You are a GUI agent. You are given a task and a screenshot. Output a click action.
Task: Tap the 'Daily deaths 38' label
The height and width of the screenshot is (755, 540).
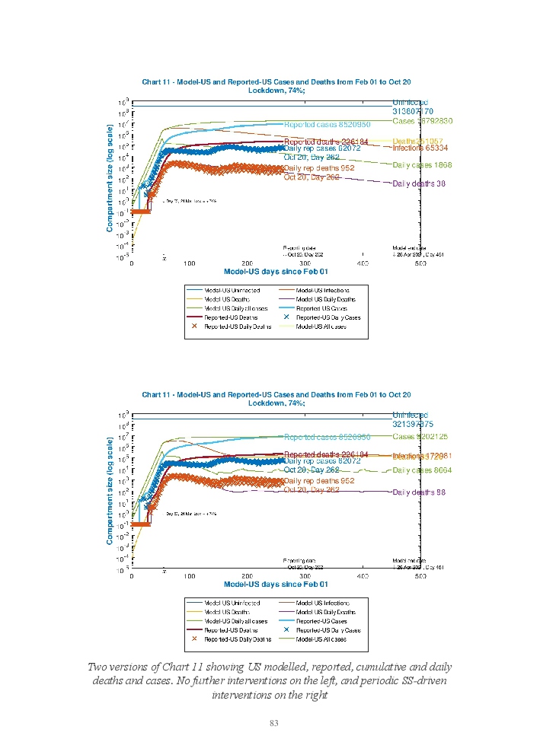(419, 183)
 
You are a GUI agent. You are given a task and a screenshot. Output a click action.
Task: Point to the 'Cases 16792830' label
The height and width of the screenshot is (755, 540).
(423, 121)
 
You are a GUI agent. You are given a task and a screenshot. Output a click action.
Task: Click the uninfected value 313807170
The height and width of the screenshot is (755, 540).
(413, 111)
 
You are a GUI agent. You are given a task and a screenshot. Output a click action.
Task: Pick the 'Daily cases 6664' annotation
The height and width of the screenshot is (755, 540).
(423, 470)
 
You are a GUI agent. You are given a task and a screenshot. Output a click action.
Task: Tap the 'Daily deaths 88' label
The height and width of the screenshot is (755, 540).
(419, 492)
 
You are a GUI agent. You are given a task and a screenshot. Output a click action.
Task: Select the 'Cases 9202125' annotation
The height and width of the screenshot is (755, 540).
(420, 437)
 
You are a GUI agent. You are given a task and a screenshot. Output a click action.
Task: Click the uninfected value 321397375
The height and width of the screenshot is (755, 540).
(413, 424)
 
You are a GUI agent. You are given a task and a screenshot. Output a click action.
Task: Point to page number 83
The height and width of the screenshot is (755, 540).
(274, 722)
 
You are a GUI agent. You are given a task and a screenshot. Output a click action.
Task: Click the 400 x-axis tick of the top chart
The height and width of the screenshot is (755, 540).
(363, 263)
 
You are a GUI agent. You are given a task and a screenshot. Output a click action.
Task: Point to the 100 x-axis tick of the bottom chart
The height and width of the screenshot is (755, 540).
(190, 576)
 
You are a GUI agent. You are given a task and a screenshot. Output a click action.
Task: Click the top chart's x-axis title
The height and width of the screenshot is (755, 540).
(276, 271)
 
